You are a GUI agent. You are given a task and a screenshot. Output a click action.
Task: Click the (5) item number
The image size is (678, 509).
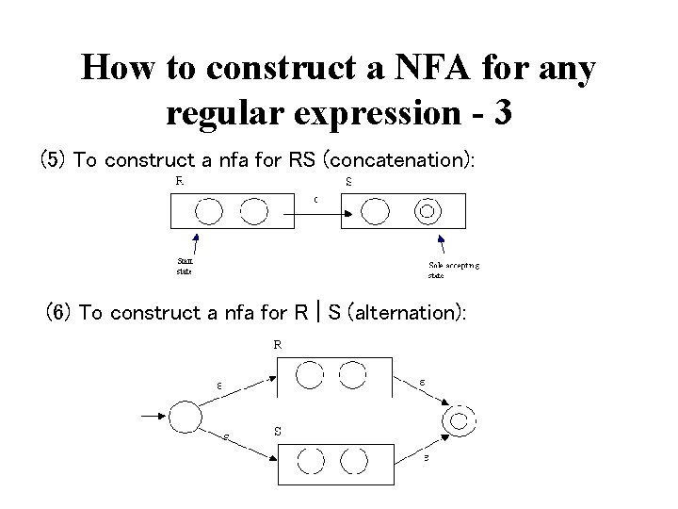52,159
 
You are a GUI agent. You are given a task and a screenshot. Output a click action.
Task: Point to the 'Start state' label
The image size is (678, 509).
185,267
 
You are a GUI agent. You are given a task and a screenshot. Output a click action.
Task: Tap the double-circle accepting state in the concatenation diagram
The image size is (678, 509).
427,211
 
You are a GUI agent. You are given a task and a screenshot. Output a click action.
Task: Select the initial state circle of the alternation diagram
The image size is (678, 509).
185,416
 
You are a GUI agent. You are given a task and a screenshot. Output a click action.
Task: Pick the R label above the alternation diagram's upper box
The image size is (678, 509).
278,345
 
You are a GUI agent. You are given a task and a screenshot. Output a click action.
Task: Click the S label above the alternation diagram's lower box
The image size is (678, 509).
278,431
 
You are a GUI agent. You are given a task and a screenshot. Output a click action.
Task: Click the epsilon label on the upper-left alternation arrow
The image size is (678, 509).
219,385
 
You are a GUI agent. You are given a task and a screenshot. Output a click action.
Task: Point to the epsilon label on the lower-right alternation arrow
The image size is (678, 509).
426,458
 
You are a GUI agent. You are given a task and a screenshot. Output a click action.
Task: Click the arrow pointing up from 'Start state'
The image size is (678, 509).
191,244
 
